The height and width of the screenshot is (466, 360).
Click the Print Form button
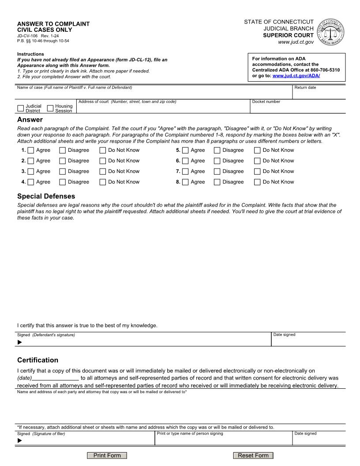(107, 455)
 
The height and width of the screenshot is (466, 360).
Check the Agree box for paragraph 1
(31, 150)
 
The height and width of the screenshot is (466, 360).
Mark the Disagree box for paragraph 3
(63, 171)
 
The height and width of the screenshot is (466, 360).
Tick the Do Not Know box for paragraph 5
(257, 150)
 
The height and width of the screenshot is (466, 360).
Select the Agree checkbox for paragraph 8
(185, 182)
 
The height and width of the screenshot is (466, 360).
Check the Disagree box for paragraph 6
(217, 161)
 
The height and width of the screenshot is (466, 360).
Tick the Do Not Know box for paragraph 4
(103, 182)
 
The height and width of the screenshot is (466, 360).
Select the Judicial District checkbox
(21, 108)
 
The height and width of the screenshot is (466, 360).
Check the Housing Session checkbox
(50, 108)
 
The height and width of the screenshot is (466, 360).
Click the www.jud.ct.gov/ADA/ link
(296, 76)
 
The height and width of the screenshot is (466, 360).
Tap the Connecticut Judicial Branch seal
(331, 32)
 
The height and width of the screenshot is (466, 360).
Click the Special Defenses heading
(46, 196)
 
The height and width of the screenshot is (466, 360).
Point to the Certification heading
(37, 360)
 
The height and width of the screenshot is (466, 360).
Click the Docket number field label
(266, 102)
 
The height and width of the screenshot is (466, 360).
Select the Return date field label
(305, 87)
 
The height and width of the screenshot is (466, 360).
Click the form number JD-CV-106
(27, 35)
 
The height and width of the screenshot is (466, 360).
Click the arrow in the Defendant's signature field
(19, 342)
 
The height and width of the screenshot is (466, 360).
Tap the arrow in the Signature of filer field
(19, 440)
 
